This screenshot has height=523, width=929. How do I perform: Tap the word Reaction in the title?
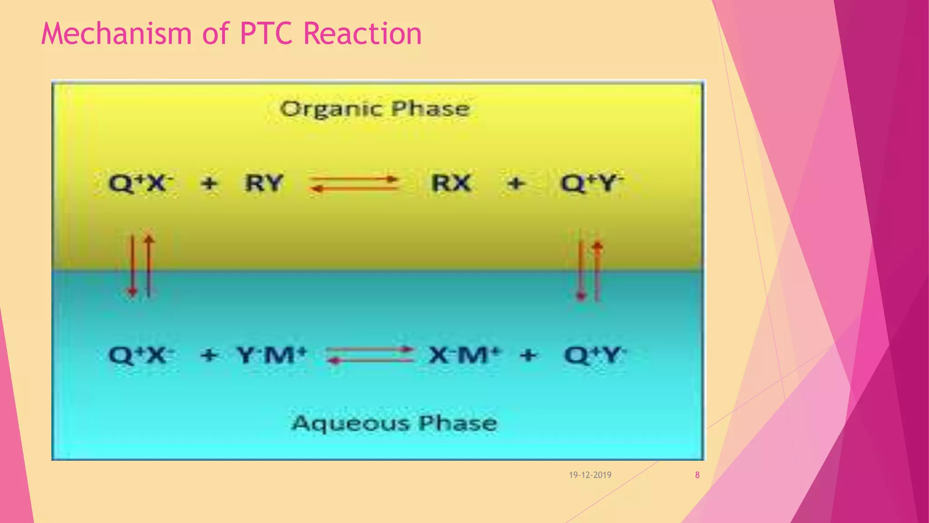coord(362,34)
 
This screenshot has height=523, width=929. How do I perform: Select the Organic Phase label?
coord(375,109)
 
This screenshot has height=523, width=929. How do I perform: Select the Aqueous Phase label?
coord(394,423)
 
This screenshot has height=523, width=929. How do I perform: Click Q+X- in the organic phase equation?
coord(141,183)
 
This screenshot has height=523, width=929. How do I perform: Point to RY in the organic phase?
coord(264,183)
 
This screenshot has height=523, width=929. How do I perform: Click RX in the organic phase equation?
coord(451,183)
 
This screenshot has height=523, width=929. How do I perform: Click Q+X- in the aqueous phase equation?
coord(141,355)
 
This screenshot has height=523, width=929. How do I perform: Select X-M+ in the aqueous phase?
coord(464,355)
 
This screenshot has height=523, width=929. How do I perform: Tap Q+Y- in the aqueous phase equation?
coord(595,355)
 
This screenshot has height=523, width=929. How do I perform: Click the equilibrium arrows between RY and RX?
coord(354,184)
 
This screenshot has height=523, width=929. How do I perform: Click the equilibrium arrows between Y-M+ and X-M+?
coord(370,355)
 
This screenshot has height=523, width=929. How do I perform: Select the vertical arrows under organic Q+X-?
coord(141,266)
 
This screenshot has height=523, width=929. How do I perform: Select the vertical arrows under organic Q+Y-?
coord(589,271)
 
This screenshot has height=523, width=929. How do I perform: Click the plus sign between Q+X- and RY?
coord(209,184)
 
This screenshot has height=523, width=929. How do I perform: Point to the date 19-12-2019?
coord(590,475)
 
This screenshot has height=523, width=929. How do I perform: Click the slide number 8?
coord(697,475)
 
